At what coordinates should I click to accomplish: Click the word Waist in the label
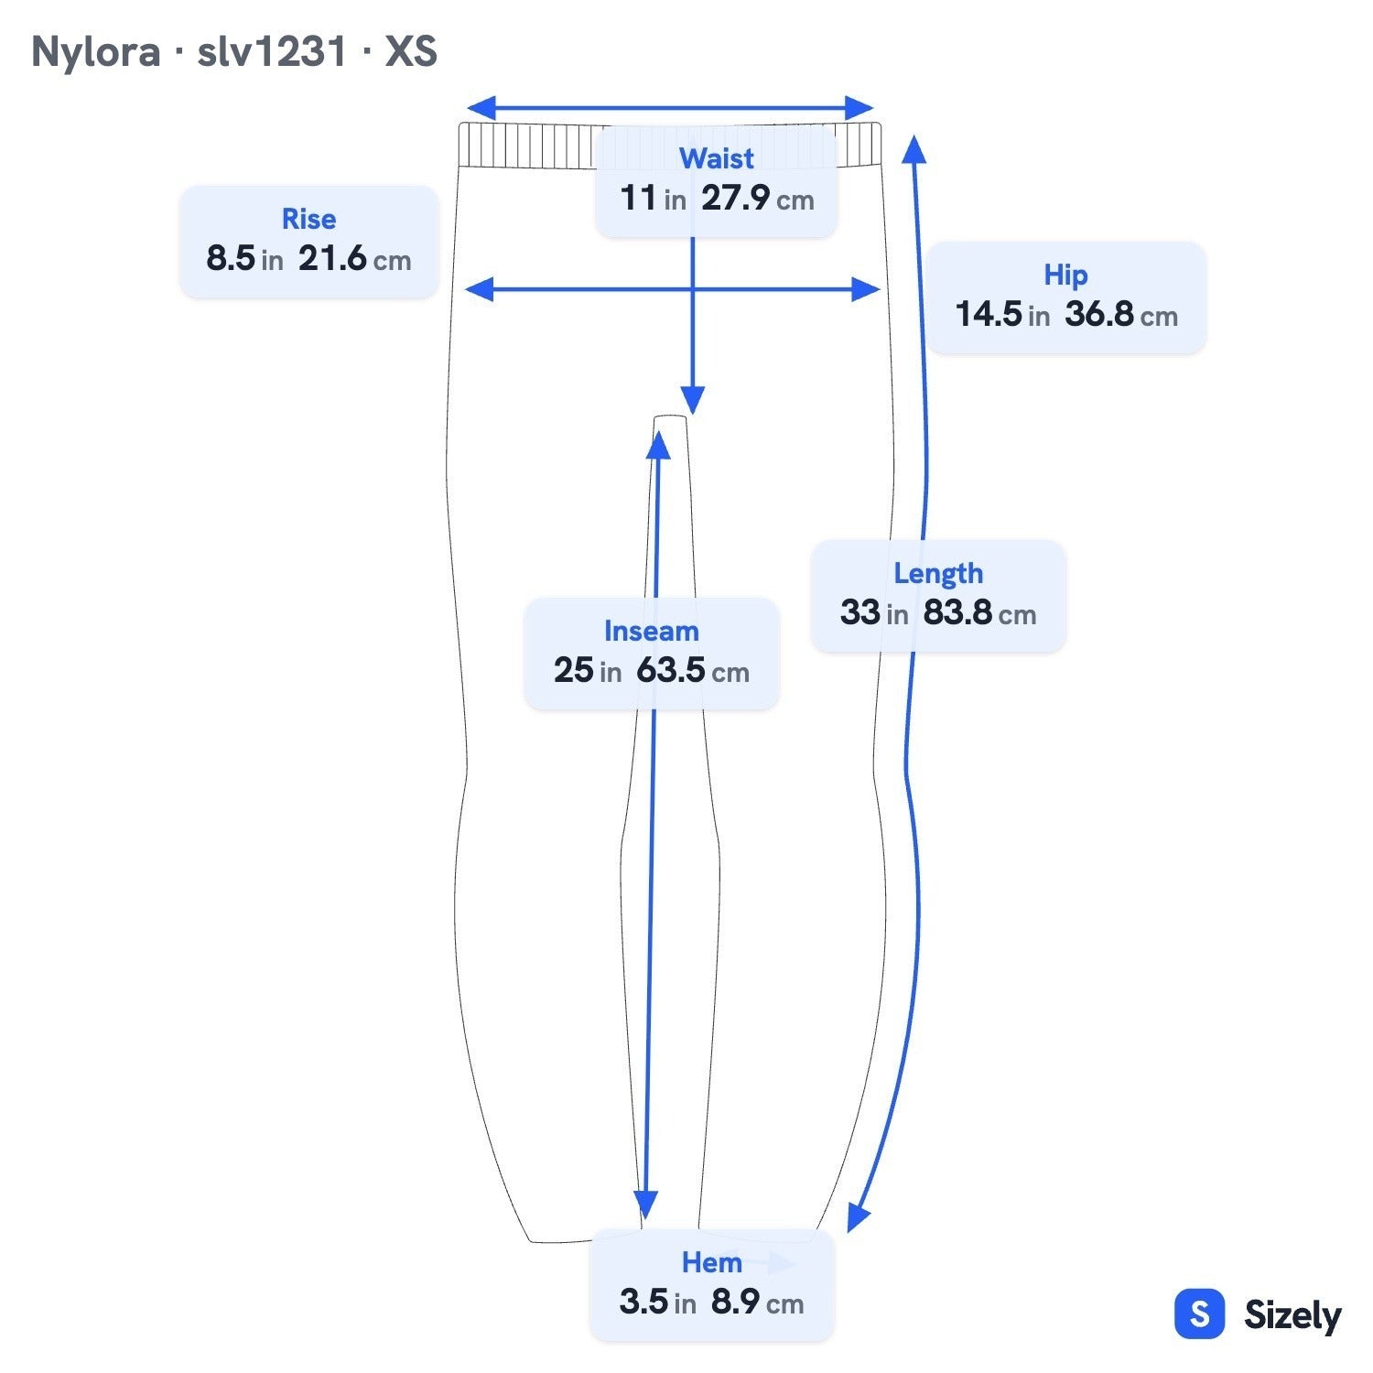click(x=716, y=158)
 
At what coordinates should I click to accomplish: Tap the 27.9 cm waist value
click(x=758, y=198)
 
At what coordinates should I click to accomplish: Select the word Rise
click(x=308, y=219)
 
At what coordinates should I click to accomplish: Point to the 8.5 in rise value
click(x=244, y=258)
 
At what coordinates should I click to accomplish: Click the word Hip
click(x=1065, y=276)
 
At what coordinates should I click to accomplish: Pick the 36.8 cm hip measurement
click(x=1121, y=315)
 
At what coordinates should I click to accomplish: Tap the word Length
click(x=938, y=574)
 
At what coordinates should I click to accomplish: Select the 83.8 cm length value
click(x=979, y=612)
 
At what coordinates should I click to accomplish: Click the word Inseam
click(x=651, y=631)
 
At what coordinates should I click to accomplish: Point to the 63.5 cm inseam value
click(x=693, y=670)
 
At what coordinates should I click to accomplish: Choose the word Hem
click(x=711, y=1263)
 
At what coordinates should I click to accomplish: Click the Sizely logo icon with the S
click(x=1199, y=1314)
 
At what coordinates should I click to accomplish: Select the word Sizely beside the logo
click(x=1292, y=1315)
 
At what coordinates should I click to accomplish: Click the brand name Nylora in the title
click(x=95, y=51)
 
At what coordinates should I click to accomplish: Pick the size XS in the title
click(x=411, y=51)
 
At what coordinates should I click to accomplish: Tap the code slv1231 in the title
click(x=272, y=51)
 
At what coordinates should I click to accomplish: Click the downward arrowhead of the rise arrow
click(x=693, y=401)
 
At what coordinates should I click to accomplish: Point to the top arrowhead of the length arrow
click(x=914, y=149)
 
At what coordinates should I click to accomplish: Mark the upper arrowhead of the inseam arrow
click(x=658, y=444)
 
